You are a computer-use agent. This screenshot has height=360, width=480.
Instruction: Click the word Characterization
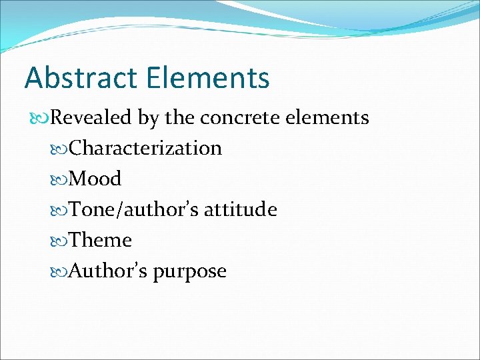point(145,148)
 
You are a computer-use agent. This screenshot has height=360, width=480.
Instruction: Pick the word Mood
point(95,179)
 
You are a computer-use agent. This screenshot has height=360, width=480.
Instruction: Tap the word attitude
point(241,209)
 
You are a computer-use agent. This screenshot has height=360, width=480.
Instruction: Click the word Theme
point(101,240)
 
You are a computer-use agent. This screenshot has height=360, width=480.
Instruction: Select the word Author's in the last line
point(109,271)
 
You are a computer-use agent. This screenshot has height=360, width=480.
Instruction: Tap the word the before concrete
point(180,118)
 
